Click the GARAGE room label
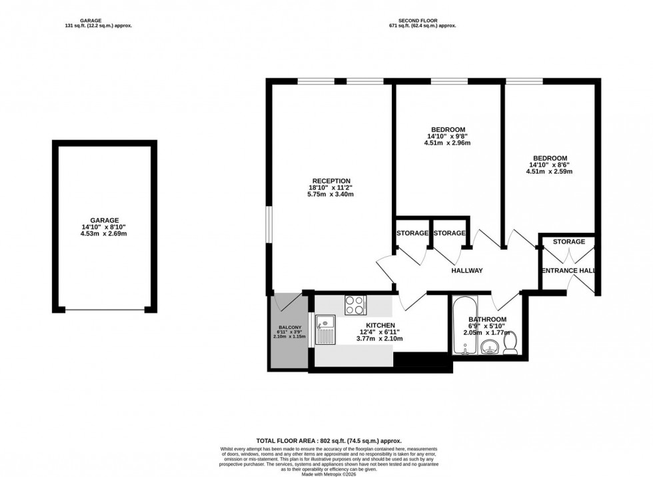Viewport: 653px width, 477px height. tap(104, 220)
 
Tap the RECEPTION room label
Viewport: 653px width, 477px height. tap(330, 181)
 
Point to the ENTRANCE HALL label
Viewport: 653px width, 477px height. tap(568, 271)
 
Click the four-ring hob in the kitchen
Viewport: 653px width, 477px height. tap(354, 305)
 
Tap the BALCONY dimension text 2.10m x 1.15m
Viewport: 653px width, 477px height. tap(289, 337)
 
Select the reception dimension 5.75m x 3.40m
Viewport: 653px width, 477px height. tap(330, 194)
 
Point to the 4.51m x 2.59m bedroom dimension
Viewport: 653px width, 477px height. tap(549, 171)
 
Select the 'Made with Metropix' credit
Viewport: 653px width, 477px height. tap(326, 473)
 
